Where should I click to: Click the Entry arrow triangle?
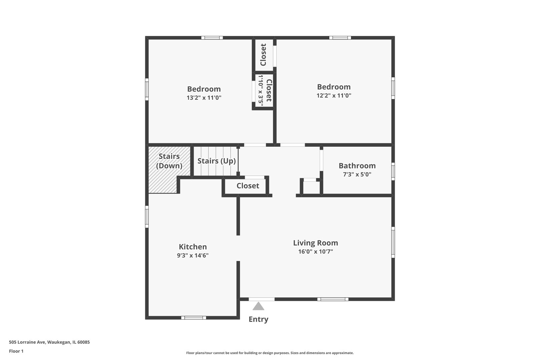click(x=258, y=306)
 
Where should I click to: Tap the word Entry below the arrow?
click(x=258, y=319)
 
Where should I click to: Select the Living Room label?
click(x=315, y=243)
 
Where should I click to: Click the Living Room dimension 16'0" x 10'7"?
click(x=315, y=252)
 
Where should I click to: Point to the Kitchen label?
click(x=193, y=247)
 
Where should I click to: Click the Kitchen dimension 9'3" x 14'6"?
click(x=193, y=256)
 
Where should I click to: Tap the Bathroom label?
click(x=357, y=166)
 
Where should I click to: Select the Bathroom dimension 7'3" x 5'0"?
click(x=357, y=174)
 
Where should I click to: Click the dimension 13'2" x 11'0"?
click(x=204, y=98)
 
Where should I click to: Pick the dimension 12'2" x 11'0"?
click(x=334, y=96)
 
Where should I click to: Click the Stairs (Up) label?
click(x=216, y=161)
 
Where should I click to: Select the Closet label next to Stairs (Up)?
click(x=248, y=186)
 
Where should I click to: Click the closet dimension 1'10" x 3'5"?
click(x=261, y=90)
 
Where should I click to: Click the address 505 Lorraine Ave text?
click(x=49, y=342)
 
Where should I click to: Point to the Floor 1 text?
click(x=16, y=351)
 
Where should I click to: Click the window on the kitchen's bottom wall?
click(x=194, y=318)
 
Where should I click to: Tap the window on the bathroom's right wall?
click(x=393, y=171)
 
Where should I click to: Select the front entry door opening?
click(x=262, y=299)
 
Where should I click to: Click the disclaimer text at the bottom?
click(x=270, y=353)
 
